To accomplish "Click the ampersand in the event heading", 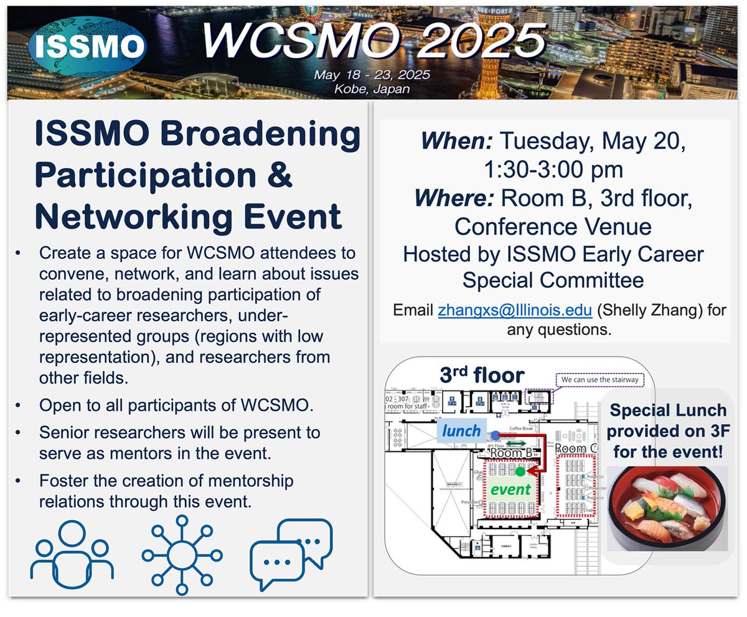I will [278, 176].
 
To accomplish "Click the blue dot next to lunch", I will [494, 435].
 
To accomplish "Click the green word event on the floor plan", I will [510, 489].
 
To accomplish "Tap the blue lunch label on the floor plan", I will [461, 430].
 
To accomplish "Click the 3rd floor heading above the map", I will [482, 375].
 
